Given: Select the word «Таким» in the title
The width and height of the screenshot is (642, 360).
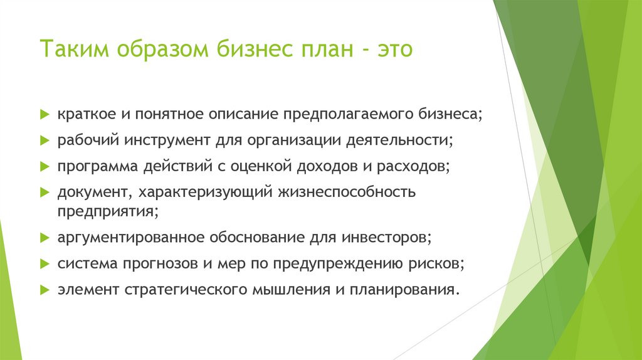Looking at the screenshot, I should [74, 49].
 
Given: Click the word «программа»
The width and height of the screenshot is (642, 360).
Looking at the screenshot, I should [93, 166].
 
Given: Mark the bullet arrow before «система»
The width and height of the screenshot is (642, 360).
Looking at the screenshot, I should [45, 263].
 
